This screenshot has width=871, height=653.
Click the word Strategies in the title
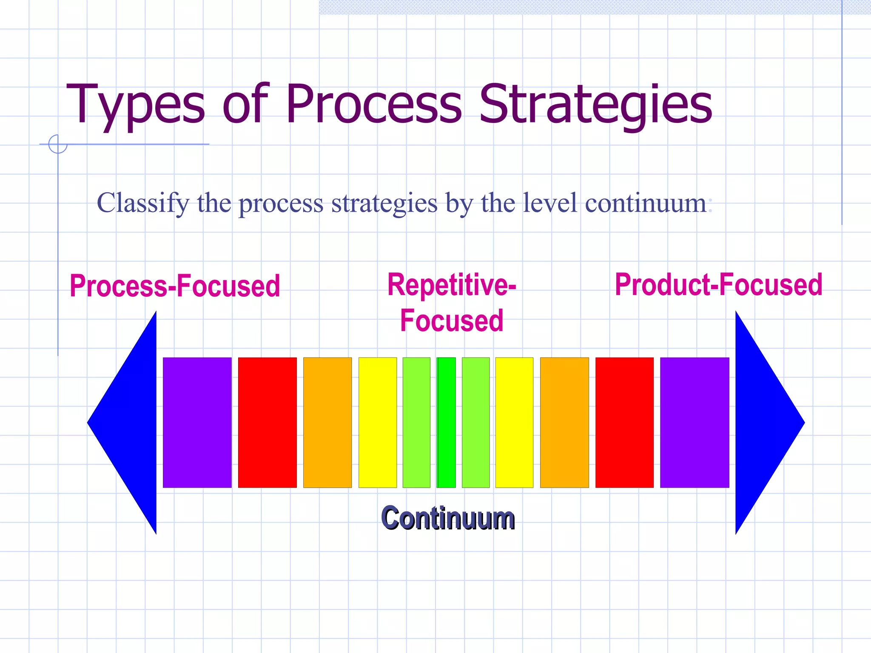[595, 105]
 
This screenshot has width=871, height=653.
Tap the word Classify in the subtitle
[143, 203]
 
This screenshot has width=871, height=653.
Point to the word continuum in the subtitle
[646, 203]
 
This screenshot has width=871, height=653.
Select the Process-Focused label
[175, 286]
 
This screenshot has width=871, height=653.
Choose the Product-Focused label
[718, 285]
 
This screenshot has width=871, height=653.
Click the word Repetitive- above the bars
[451, 285]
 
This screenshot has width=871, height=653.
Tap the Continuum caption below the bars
[448, 518]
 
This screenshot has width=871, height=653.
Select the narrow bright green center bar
[446, 422]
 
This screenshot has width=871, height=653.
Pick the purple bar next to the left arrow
[197, 422]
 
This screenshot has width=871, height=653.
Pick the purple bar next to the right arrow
[695, 422]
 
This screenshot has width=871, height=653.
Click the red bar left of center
[267, 422]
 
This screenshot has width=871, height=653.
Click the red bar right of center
[624, 422]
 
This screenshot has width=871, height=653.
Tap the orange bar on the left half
[327, 422]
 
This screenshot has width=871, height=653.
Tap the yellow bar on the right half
[514, 422]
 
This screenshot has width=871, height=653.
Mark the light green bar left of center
[416, 422]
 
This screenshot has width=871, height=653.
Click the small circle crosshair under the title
[58, 144]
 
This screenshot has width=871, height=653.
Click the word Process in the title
[373, 105]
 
